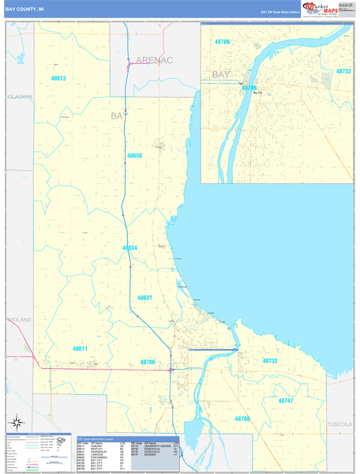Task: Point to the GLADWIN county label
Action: pyautogui.click(x=20, y=96)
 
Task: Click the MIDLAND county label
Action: pyautogui.click(x=19, y=319)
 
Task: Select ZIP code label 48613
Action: pyautogui.click(x=58, y=78)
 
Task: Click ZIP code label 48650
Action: pyautogui.click(x=135, y=156)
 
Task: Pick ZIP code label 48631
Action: pyautogui.click(x=144, y=297)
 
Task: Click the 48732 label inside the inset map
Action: pyautogui.click(x=343, y=71)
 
